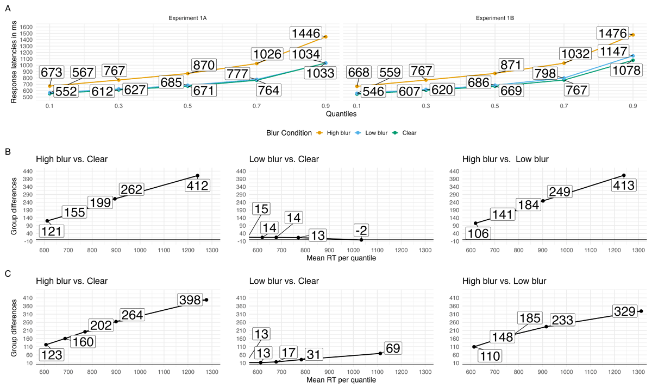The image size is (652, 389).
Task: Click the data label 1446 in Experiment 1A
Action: point(305,33)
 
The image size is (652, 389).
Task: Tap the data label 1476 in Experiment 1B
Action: point(612,33)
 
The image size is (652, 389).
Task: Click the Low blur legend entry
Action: point(373,132)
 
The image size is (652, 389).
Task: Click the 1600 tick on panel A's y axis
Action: point(26,27)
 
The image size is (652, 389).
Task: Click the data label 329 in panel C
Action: point(625,311)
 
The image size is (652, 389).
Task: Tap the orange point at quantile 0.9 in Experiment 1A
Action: point(325,37)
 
